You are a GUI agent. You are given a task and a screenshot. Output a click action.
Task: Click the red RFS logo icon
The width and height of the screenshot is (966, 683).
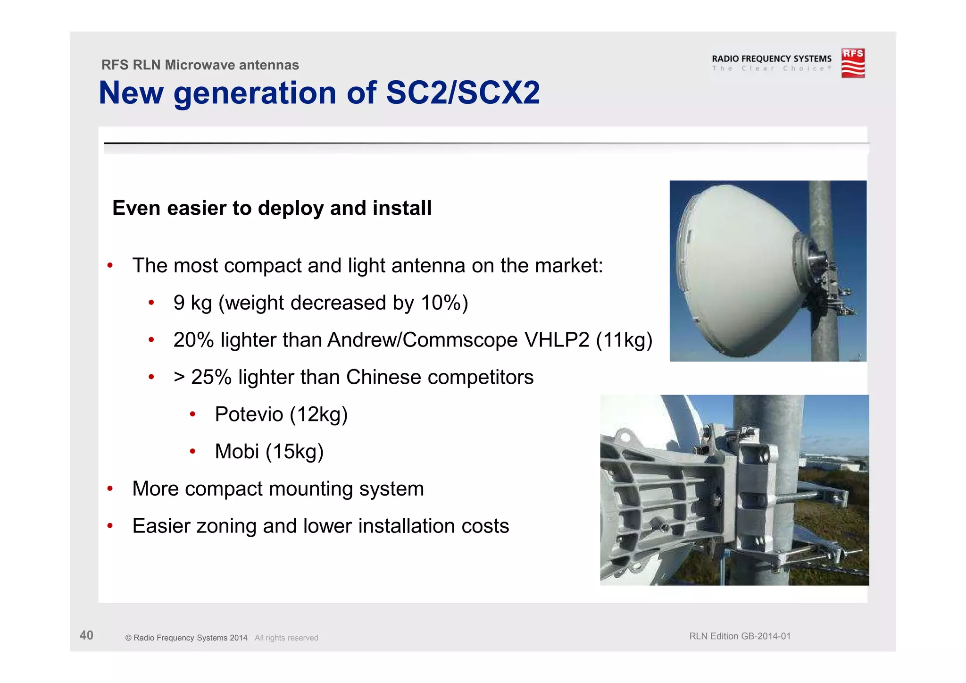coord(853,63)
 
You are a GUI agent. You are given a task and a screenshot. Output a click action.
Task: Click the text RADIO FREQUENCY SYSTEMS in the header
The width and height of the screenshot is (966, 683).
coord(771,59)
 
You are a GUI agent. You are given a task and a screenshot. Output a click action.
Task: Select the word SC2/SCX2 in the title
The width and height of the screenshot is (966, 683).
coord(463,93)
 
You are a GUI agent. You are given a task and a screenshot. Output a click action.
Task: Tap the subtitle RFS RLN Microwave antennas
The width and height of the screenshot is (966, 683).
coord(200,65)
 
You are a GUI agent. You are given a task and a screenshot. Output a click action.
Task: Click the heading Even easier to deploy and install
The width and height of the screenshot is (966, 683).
coord(272,208)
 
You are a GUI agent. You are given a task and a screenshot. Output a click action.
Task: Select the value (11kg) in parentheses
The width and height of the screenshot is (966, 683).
coord(624,340)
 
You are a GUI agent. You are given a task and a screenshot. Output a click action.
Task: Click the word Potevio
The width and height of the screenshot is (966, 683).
coord(249,414)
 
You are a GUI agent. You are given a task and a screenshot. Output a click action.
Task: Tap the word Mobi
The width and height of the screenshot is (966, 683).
coord(236,452)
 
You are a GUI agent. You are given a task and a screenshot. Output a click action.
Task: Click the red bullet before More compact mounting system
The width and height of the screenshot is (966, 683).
coord(110,489)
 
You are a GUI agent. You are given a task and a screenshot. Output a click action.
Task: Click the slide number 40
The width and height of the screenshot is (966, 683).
coord(86,635)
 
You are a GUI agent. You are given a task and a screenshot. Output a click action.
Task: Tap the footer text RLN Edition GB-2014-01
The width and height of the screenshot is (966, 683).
coord(740,636)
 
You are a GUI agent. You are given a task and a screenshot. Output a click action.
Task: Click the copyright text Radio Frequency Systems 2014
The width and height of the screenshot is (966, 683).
coord(190,638)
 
